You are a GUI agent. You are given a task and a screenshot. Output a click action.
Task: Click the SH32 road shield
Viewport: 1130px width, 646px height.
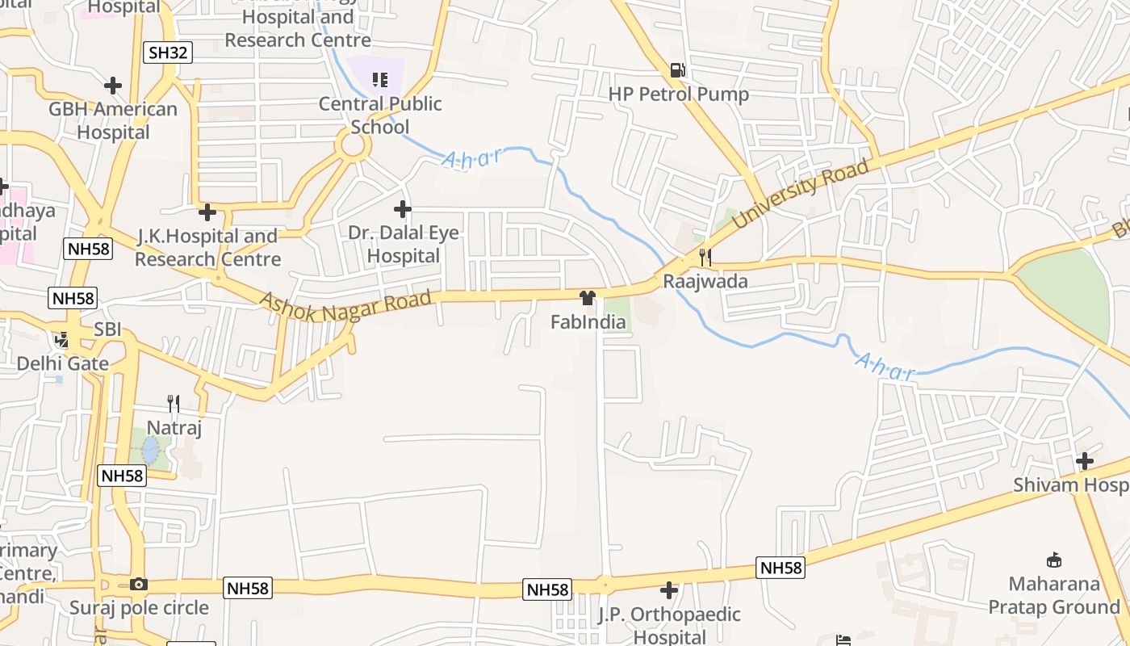[168, 53]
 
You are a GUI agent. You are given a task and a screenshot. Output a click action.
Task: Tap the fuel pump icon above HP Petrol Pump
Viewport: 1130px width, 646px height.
[678, 71]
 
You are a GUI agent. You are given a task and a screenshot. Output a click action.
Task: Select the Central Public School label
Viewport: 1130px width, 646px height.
[380, 115]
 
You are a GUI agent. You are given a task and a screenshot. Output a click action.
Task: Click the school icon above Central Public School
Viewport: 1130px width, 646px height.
[379, 80]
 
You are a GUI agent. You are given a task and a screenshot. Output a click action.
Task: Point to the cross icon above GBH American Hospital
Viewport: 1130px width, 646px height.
[113, 85]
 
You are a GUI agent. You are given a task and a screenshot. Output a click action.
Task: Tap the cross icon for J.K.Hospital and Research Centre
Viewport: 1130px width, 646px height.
[207, 212]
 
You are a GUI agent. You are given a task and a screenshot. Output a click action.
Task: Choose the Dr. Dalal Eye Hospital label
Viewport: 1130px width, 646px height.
[403, 245]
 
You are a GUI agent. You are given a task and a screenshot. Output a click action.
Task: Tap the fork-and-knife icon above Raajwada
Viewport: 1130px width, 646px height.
[705, 258]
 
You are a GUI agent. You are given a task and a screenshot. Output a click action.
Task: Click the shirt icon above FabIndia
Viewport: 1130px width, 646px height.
[588, 298]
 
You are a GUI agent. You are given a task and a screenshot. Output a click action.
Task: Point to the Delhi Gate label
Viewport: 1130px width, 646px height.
[63, 363]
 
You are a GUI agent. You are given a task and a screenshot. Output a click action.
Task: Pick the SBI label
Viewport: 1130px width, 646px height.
[107, 329]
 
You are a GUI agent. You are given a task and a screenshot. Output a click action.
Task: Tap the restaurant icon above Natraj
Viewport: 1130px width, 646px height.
[173, 403]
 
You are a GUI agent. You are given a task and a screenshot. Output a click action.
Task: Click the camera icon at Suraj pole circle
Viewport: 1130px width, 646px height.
[138, 584]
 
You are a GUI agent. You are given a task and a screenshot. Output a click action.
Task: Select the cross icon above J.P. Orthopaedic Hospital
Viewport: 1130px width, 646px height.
[668, 590]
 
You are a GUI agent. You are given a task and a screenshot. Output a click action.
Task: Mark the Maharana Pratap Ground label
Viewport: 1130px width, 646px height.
[1054, 595]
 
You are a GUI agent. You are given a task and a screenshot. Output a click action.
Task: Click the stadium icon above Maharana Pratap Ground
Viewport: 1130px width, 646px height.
[1053, 560]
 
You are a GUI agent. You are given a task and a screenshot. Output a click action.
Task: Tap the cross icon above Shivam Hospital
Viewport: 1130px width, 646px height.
[1085, 461]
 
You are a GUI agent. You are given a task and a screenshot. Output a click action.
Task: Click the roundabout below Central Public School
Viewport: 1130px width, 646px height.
[354, 147]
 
